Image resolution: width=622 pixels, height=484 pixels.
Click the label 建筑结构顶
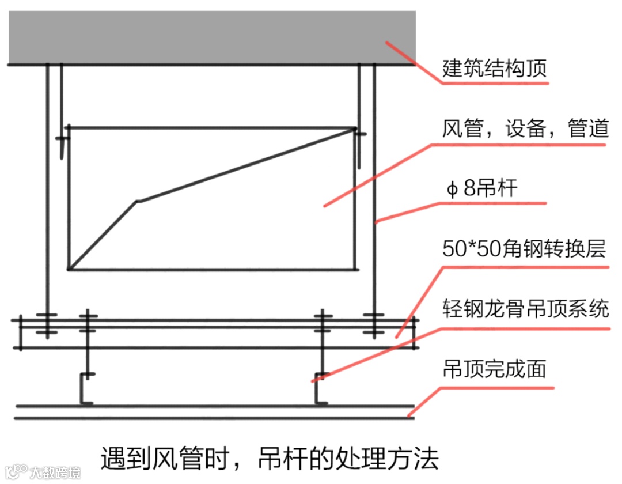point(494,69)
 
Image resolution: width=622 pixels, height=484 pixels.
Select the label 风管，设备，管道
point(525,128)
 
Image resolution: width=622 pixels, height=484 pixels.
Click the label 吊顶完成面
point(494,369)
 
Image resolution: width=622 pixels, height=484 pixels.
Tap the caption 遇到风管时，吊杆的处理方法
point(270,459)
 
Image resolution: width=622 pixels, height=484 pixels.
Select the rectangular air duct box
point(211,198)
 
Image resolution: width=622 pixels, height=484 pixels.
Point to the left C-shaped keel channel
point(85,389)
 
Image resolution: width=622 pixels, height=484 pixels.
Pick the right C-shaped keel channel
point(320,389)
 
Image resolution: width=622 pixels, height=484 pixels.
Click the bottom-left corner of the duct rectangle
point(69,269)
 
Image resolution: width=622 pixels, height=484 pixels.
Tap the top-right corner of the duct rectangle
point(354,128)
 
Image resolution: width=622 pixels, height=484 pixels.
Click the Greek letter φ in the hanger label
point(452,189)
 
